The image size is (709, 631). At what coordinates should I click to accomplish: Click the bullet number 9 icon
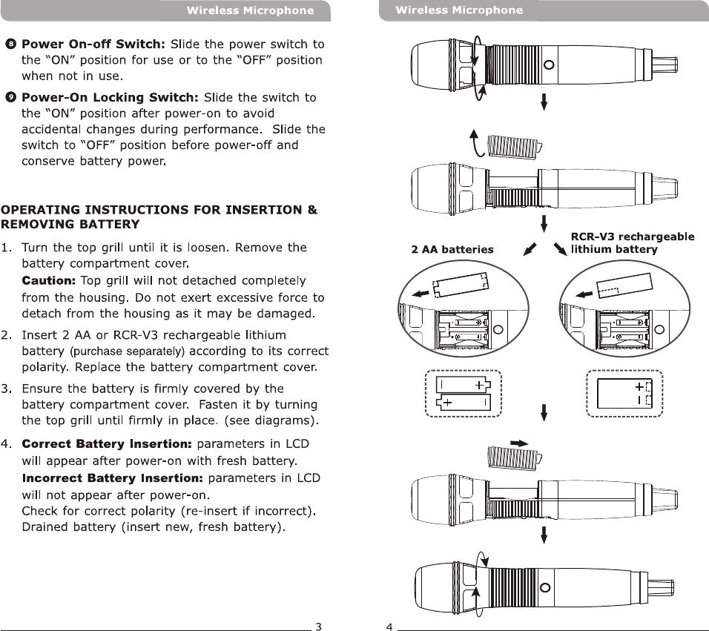(x=10, y=97)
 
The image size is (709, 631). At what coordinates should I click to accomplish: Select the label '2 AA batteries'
(x=452, y=250)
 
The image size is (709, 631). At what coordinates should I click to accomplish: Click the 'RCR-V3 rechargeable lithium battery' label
(x=632, y=243)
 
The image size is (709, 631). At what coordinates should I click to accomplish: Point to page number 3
(x=318, y=626)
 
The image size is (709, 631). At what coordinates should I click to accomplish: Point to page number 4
(x=389, y=626)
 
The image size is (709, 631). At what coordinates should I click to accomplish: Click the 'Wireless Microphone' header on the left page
(x=250, y=10)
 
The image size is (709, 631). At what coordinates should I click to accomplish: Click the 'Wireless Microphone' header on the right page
(x=459, y=10)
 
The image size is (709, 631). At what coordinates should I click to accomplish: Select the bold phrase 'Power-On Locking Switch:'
(x=111, y=97)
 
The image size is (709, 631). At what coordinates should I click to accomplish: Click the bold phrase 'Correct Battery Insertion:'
(x=107, y=444)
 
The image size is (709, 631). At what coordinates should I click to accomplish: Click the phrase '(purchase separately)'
(x=127, y=351)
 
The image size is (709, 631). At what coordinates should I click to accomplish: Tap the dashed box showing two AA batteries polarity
(x=464, y=393)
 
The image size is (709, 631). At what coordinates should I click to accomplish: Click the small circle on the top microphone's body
(x=548, y=65)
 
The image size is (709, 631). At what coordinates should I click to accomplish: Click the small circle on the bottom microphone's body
(x=546, y=587)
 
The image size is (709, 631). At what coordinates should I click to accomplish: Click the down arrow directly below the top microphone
(x=544, y=101)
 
